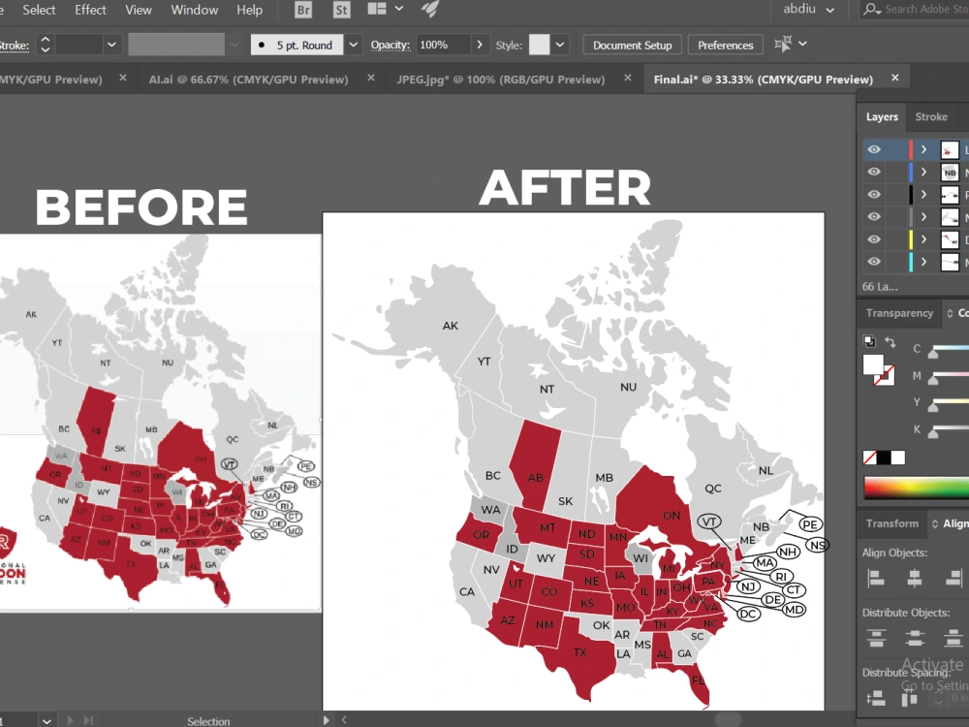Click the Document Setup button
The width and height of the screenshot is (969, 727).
click(x=632, y=45)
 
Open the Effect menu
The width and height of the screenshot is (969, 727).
click(x=90, y=10)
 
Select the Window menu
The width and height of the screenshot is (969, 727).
click(x=194, y=10)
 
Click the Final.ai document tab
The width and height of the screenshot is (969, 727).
click(x=763, y=79)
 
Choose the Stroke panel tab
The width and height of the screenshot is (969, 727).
click(x=931, y=116)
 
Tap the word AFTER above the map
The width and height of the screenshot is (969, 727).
click(x=566, y=187)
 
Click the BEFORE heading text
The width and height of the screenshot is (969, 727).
click(x=141, y=206)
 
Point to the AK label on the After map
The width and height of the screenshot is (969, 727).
click(x=451, y=326)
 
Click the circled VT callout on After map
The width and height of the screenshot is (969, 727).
click(x=710, y=522)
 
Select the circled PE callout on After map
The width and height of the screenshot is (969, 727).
click(x=811, y=524)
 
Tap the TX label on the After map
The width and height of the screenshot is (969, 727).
click(x=579, y=652)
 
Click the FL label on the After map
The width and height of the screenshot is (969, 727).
click(x=698, y=680)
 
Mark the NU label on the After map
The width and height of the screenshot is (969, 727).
click(x=628, y=386)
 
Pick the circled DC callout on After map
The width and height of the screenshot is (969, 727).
click(x=747, y=614)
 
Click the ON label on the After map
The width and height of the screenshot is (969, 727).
click(x=671, y=515)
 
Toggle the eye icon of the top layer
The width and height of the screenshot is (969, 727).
click(x=874, y=150)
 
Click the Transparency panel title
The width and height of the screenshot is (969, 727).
click(x=899, y=313)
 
